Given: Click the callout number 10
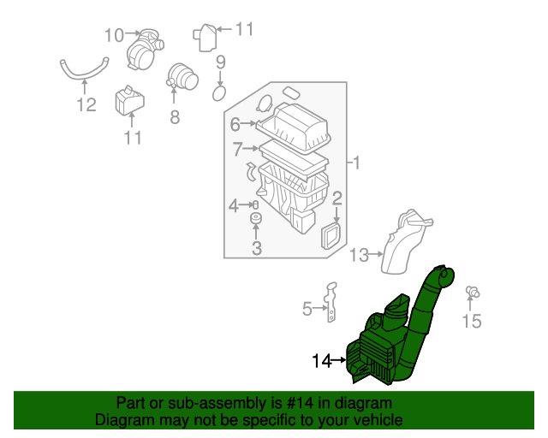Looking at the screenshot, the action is [114, 35].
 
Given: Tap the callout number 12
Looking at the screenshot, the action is [86, 106].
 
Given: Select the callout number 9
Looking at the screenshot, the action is [220, 62].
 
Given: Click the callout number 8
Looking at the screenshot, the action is [175, 117].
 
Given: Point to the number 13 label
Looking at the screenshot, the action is [359, 254].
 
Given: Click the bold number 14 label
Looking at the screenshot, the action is [321, 361].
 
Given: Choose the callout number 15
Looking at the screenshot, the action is [473, 321].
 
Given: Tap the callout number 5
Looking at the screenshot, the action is [307, 309].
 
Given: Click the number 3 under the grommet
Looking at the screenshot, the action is [256, 249].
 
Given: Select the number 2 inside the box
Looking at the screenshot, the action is [337, 200].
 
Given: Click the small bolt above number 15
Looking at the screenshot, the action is [471, 293].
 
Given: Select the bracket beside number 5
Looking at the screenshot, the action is [331, 304].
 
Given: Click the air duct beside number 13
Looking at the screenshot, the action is [406, 241].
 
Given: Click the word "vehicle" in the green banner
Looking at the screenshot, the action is [374, 420].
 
